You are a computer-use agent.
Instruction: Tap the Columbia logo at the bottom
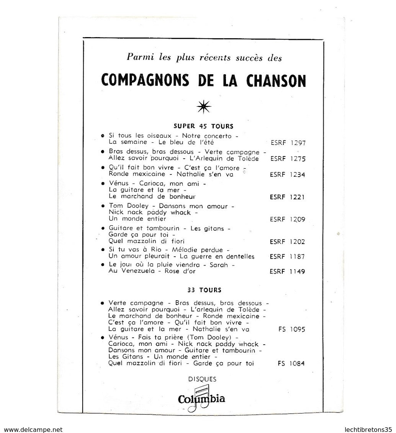201,399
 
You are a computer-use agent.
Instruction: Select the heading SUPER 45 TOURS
203,126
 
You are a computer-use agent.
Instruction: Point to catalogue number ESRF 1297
288,143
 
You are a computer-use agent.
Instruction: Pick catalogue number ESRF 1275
288,158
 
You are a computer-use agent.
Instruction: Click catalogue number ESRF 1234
288,174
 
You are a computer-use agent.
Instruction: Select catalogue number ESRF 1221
288,197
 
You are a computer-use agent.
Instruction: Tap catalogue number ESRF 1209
288,219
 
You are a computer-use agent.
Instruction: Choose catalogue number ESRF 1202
288,242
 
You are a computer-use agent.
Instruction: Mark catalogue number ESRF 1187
288,257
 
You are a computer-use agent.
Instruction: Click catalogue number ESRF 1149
288,272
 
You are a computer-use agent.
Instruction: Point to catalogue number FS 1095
291,329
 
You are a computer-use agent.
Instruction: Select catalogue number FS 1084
291,364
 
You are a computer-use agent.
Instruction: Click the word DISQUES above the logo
203,379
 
